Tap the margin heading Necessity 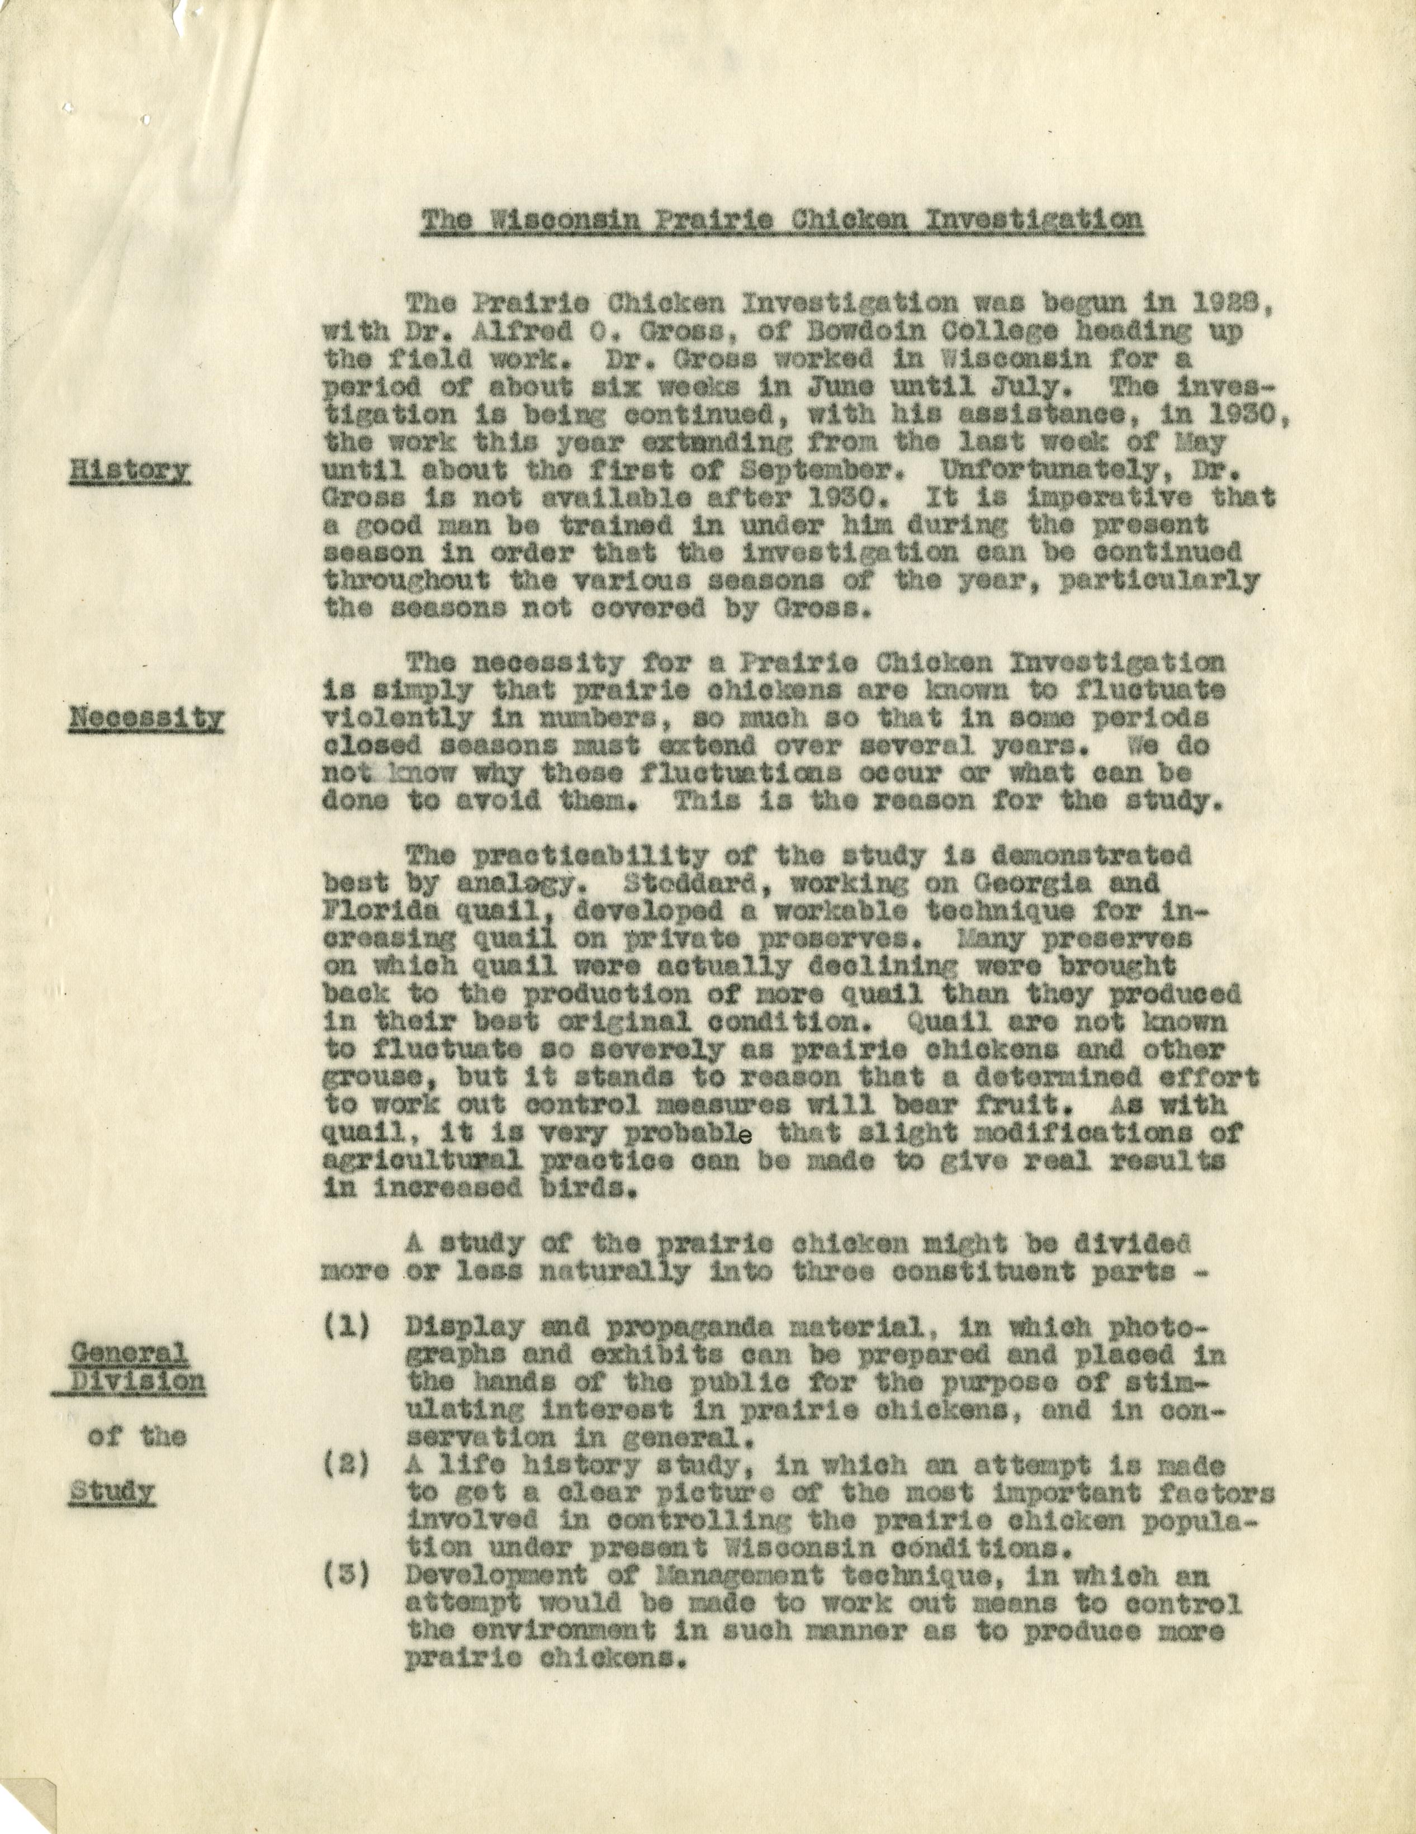point(146,717)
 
